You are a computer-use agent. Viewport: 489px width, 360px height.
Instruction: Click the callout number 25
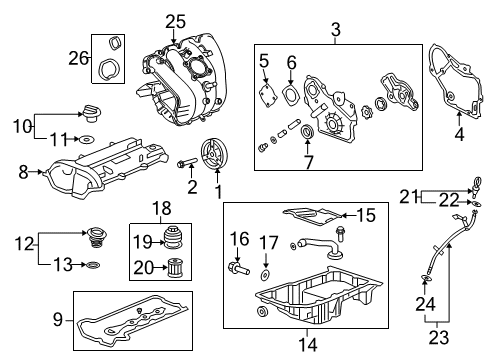pyautogui.click(x=176, y=20)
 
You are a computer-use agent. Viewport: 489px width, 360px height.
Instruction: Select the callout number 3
pyautogui.click(x=335, y=30)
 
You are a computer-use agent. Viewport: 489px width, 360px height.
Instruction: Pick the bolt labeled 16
pyautogui.click(x=240, y=268)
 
